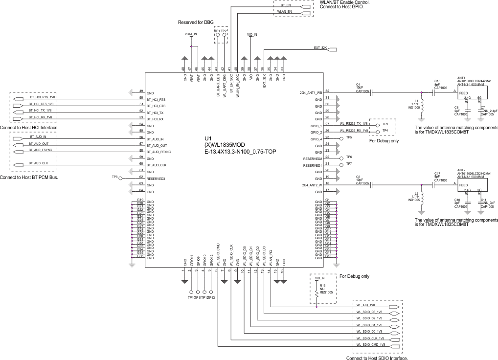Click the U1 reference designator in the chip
207,138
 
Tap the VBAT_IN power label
191,35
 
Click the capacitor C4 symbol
372,91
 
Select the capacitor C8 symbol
372,185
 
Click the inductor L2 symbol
422,198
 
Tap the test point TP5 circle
341,138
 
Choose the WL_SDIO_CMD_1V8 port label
370,345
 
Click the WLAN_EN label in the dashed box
285,11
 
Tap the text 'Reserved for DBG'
195,22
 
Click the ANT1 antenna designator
461,78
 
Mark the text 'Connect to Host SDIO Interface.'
377,358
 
